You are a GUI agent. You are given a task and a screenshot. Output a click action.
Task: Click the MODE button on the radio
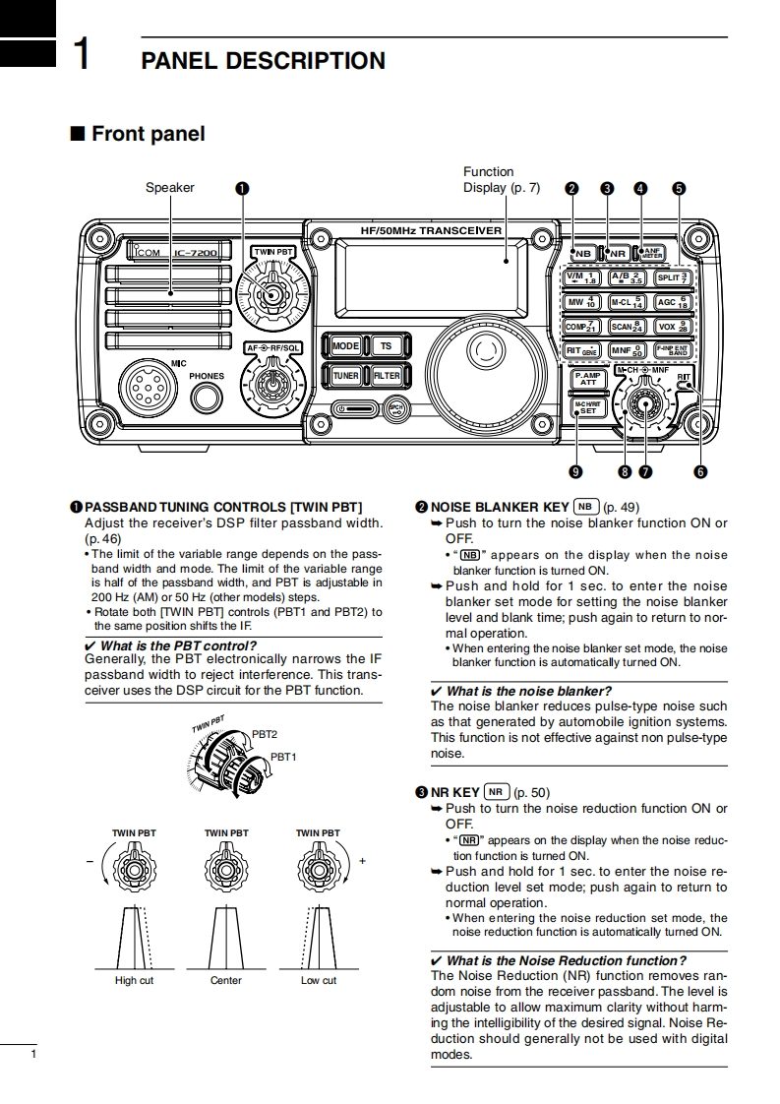[345, 346]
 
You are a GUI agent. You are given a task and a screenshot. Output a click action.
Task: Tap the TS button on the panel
[386, 346]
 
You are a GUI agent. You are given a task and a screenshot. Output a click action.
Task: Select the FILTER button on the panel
[386, 376]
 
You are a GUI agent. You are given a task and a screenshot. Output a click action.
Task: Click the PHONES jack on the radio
[207, 398]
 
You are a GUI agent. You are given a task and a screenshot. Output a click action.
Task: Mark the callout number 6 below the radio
[700, 471]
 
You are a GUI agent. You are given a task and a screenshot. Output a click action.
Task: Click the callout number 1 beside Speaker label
[242, 188]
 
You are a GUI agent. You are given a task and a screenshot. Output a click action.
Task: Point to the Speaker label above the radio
[170, 188]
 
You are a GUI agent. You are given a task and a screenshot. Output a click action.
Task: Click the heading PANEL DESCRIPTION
[264, 61]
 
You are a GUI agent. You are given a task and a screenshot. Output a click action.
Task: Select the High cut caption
[134, 980]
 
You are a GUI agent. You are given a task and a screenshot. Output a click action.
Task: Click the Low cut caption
[318, 980]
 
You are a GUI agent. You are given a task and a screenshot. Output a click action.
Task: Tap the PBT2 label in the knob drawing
[265, 734]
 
